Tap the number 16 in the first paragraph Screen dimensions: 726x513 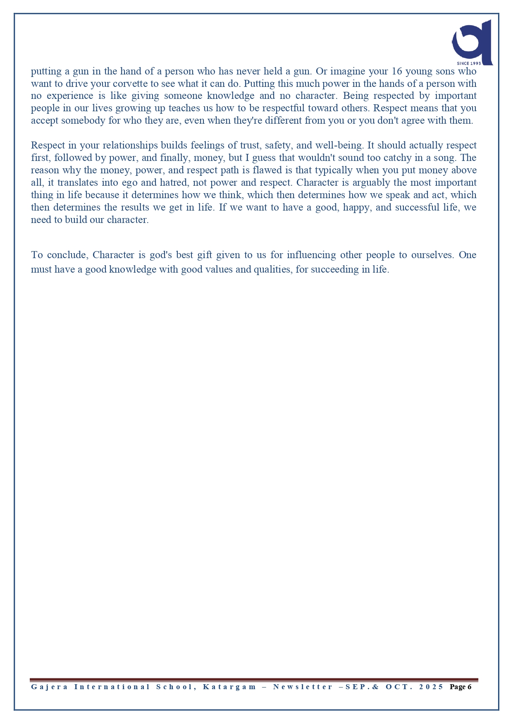(x=396, y=71)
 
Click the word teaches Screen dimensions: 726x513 (x=184, y=108)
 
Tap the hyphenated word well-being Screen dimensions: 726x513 (x=339, y=146)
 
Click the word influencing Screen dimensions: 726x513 (x=311, y=255)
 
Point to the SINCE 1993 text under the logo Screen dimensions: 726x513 (x=469, y=63)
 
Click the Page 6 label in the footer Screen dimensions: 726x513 (x=461, y=687)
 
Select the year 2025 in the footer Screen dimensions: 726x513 (x=431, y=687)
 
